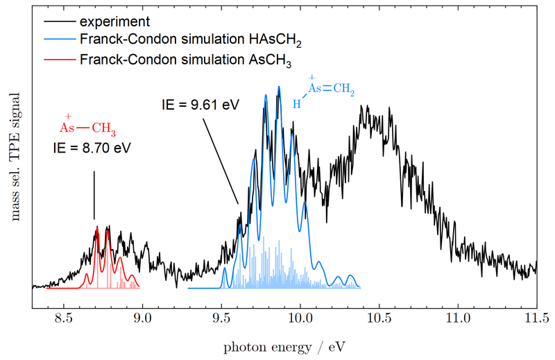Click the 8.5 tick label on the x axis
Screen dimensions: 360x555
pos(63,318)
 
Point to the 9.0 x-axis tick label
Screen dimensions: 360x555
pos(142,318)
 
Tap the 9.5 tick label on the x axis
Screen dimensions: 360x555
pos(221,318)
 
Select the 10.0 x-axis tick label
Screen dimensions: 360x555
pos(300,318)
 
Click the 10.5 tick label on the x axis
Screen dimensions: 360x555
pos(379,318)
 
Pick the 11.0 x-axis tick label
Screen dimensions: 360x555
pos(458,318)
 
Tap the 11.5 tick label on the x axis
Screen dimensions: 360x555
pos(537,318)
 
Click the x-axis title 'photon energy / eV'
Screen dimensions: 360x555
pos(284,345)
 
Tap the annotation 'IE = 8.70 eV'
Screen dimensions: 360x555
pos(92,148)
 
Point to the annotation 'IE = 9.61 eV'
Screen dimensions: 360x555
pos(196,105)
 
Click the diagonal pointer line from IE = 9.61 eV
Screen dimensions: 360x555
pos(221,160)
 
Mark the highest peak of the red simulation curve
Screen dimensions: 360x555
pos(97,227)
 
